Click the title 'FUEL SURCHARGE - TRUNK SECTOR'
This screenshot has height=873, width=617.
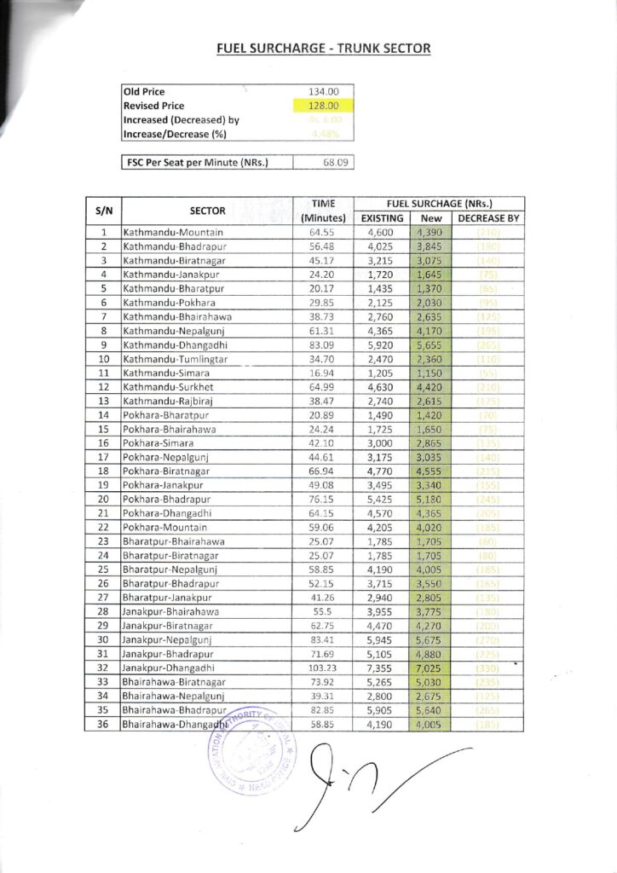click(x=324, y=49)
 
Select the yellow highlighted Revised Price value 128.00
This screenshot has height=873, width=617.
click(x=324, y=106)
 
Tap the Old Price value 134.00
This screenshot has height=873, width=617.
click(x=324, y=92)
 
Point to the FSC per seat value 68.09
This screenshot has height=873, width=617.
click(x=324, y=162)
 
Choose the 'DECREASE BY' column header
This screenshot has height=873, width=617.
click(x=489, y=218)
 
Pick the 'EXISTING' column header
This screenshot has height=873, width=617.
click(x=377, y=218)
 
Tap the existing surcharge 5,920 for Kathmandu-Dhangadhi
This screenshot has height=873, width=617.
click(x=377, y=344)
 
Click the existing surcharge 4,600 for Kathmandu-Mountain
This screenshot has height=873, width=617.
click(x=377, y=233)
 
